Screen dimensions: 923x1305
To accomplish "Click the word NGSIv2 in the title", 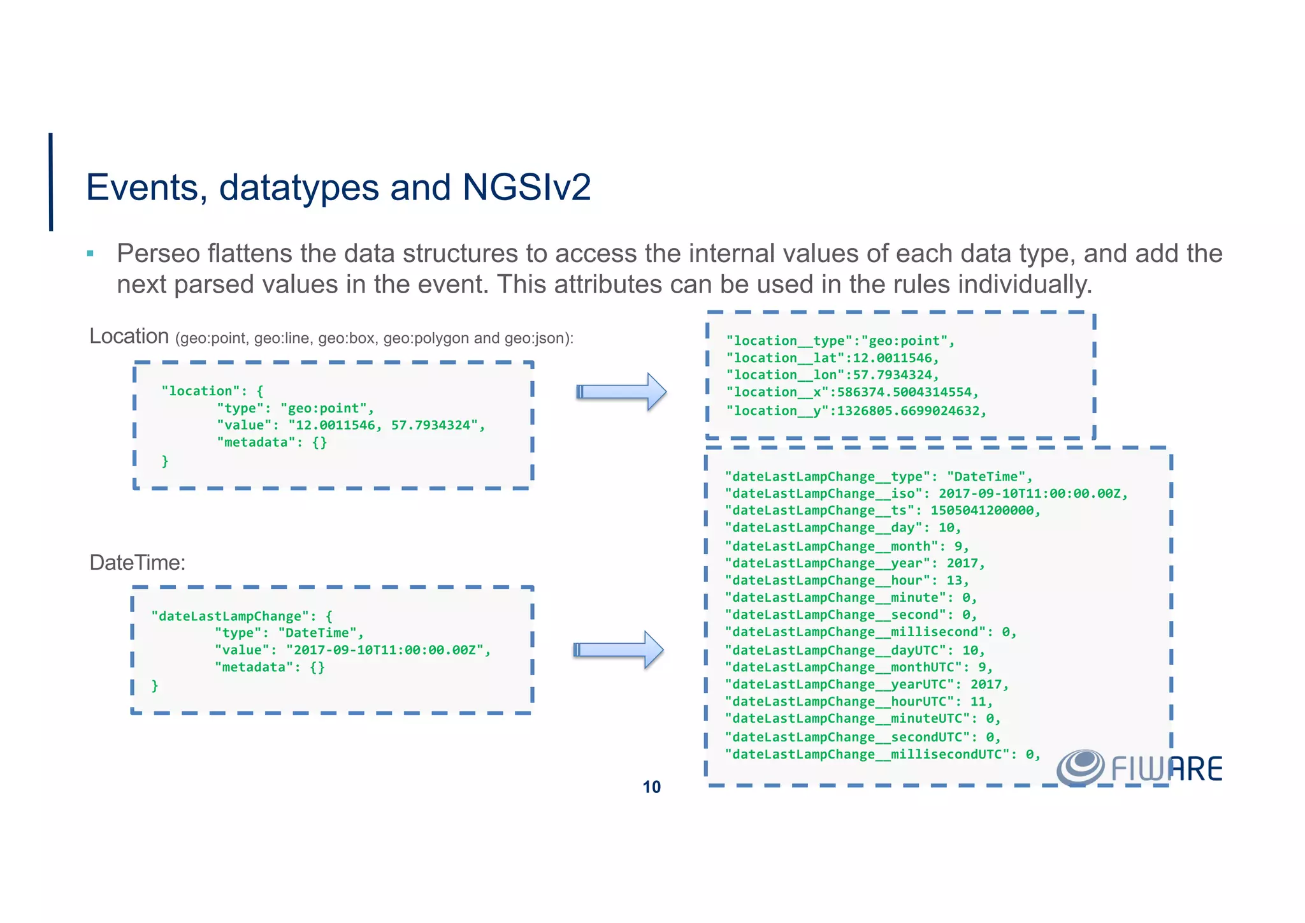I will point(526,187).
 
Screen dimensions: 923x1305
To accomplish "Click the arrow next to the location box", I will point(621,391).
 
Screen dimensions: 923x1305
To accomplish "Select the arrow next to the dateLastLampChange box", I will point(619,650).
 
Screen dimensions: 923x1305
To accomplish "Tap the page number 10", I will point(651,787).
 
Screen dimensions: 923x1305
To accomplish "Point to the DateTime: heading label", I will point(137,562).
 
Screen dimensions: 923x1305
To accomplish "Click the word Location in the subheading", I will point(129,336).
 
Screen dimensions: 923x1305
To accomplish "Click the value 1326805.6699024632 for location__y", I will point(911,411).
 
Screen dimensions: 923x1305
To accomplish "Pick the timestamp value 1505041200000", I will point(984,511).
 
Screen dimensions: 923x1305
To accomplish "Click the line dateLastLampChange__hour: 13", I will point(847,580).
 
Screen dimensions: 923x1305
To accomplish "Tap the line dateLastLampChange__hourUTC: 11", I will point(859,701).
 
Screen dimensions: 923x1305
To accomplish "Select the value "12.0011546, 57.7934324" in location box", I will point(386,425).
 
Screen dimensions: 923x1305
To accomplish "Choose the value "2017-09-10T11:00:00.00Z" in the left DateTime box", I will point(388,650).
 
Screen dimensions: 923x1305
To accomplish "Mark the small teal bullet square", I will point(90,254).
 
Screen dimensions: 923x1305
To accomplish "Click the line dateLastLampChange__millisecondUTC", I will point(883,755).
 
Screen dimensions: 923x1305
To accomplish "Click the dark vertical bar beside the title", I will point(51,182).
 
